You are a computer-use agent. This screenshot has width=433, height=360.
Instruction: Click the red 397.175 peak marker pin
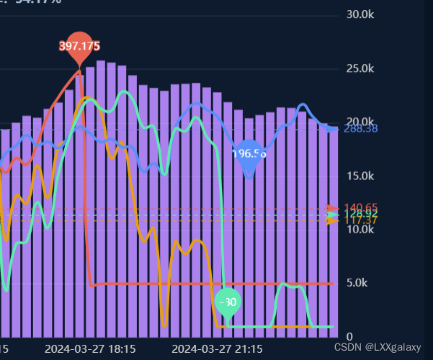79,47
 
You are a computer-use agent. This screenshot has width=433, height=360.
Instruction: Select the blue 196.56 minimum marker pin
249,154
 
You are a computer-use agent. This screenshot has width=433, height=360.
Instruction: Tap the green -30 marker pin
228,302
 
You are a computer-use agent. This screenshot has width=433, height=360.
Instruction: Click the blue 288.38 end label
361,129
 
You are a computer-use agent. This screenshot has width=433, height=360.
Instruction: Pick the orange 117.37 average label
361,221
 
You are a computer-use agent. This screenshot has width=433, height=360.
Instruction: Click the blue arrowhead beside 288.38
331,129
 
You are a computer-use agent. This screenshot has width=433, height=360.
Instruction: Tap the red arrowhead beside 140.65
331,208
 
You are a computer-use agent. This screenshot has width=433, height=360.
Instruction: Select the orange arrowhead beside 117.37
331,220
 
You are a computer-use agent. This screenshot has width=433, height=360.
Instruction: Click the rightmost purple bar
333,230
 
